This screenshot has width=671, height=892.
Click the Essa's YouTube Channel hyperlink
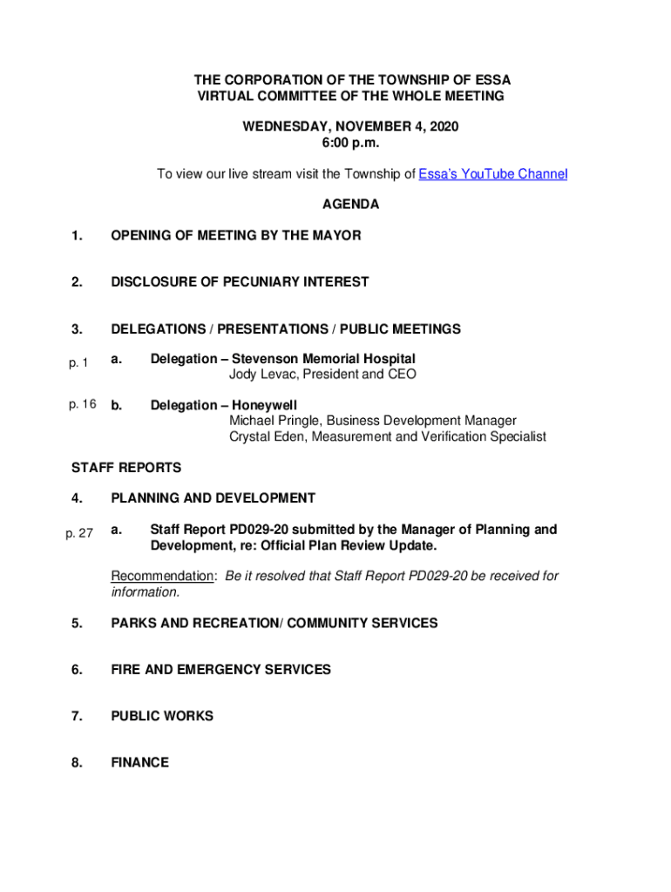pyautogui.click(x=492, y=174)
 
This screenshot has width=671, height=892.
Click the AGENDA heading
pyautogui.click(x=350, y=205)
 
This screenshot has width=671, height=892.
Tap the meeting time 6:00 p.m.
pyautogui.click(x=350, y=143)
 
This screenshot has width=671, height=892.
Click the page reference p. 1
pyautogui.click(x=78, y=362)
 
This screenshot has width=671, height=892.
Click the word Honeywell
pyautogui.click(x=264, y=405)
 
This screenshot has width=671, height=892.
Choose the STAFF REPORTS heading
pyautogui.click(x=125, y=468)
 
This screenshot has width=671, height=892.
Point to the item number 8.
pyautogui.click(x=78, y=762)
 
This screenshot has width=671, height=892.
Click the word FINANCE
pyautogui.click(x=139, y=762)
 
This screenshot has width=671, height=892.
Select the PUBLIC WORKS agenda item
pyautogui.click(x=162, y=716)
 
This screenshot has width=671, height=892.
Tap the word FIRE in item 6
pyautogui.click(x=127, y=670)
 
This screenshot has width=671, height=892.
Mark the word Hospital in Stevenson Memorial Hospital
pyautogui.click(x=389, y=359)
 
